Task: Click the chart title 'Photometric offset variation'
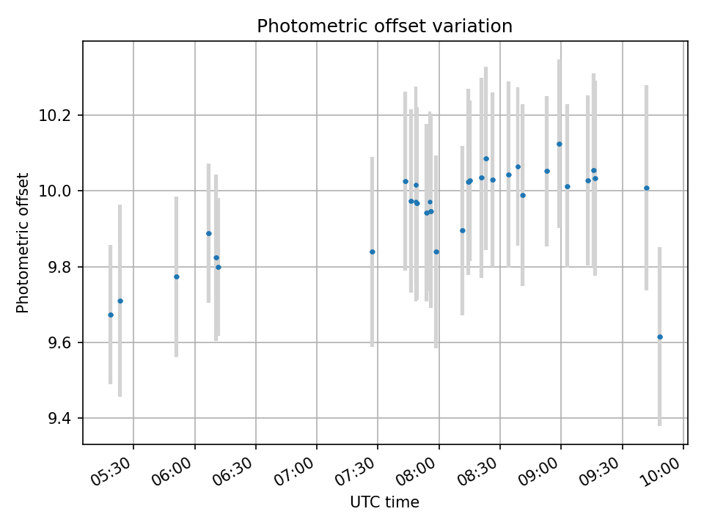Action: click(384, 26)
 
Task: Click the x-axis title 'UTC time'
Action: click(384, 502)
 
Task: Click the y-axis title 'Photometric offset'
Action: click(23, 243)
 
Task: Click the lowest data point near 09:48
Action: click(660, 337)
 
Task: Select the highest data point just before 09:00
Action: click(560, 144)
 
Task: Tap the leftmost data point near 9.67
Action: click(111, 315)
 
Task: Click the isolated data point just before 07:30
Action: click(373, 252)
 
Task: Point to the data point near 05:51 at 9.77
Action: click(177, 276)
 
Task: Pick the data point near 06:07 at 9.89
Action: click(209, 233)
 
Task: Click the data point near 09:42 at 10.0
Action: click(647, 188)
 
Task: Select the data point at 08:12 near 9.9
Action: click(463, 230)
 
